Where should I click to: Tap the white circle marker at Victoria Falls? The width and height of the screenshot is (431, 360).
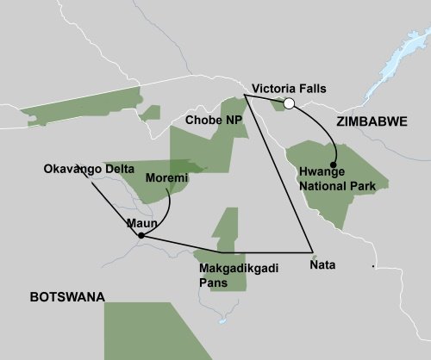[290, 104]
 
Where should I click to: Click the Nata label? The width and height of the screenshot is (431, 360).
[322, 267]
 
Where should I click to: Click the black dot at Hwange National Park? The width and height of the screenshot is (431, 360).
[333, 164]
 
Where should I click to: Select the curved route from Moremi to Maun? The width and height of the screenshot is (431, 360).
[168, 207]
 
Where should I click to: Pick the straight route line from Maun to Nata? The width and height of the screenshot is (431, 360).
[224, 245]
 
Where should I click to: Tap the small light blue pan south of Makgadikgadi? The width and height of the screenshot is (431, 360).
[222, 322]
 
